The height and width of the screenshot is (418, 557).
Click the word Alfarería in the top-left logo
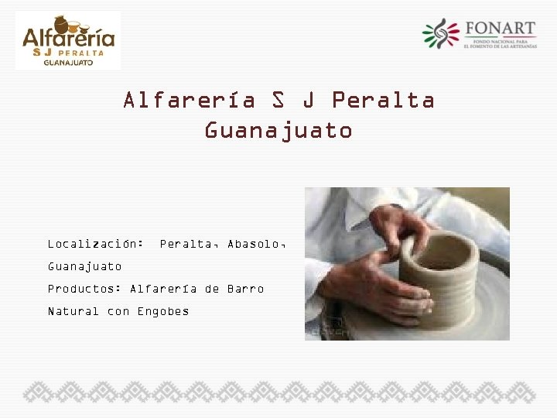68,37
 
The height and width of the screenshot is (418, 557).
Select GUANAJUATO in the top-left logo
68,63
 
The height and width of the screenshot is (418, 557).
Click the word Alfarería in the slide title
190,101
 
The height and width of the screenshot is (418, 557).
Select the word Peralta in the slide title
383,101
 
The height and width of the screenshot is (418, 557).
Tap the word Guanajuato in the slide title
278,131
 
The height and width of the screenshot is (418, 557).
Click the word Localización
95,244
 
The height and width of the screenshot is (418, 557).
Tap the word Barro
245,289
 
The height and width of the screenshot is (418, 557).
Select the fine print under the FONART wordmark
500,43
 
